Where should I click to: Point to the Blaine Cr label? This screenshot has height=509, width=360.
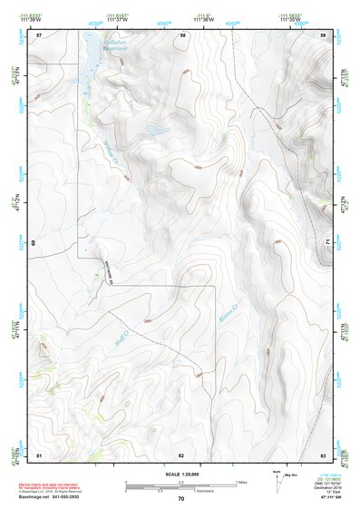click(x=227, y=314)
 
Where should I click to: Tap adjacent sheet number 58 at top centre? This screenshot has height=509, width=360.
click(x=182, y=34)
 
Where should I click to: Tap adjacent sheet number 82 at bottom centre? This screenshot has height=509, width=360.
click(x=181, y=453)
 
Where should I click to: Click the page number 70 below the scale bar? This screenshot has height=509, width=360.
click(x=181, y=498)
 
